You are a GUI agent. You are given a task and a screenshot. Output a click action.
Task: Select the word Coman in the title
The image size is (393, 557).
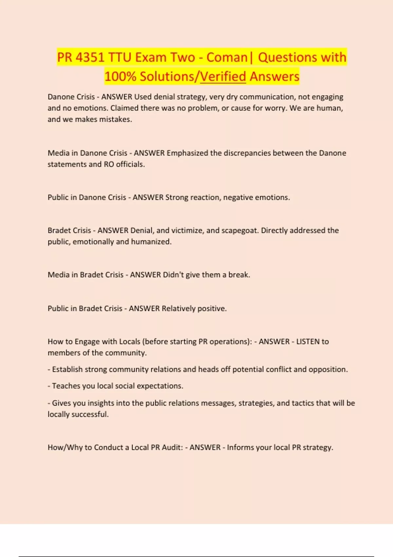(x=227, y=57)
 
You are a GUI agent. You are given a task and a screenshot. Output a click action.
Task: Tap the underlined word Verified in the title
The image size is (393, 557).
(x=223, y=77)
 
